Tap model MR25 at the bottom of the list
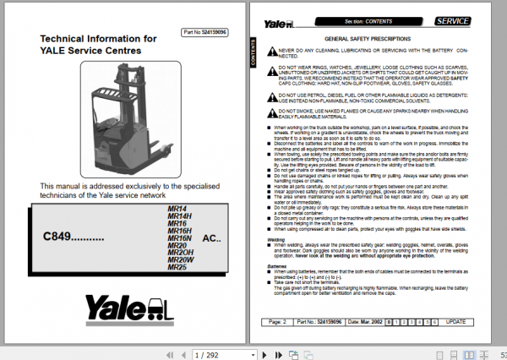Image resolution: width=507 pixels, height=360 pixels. coord(178,267)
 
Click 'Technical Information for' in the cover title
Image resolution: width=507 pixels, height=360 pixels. coord(99,39)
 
